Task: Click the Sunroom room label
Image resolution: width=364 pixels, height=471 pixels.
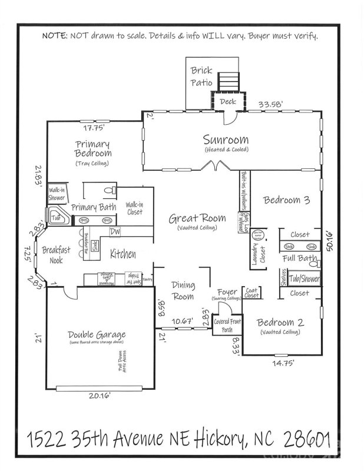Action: [x=226, y=140]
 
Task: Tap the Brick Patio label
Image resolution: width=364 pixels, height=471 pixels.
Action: [x=201, y=77]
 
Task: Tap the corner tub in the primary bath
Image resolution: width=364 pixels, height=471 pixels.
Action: [x=57, y=217]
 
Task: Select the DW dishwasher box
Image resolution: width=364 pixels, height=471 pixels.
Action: [x=115, y=231]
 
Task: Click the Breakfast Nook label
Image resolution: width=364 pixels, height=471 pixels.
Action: [x=56, y=254]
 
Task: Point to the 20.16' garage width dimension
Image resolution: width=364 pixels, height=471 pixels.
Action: [x=98, y=396]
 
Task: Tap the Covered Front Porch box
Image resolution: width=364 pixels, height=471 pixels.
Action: [x=223, y=324]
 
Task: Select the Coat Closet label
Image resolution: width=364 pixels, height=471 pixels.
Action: [x=252, y=292]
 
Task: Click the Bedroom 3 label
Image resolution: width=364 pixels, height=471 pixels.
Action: [x=286, y=200]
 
